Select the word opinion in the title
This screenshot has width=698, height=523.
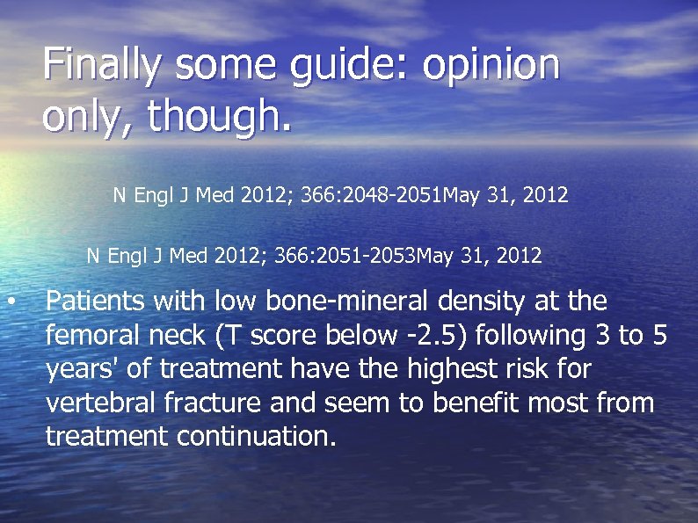pos(491,65)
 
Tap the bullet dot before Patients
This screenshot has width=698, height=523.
pos(11,302)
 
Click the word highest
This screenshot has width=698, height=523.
pos(456,369)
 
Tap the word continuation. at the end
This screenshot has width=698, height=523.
pos(257,436)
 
